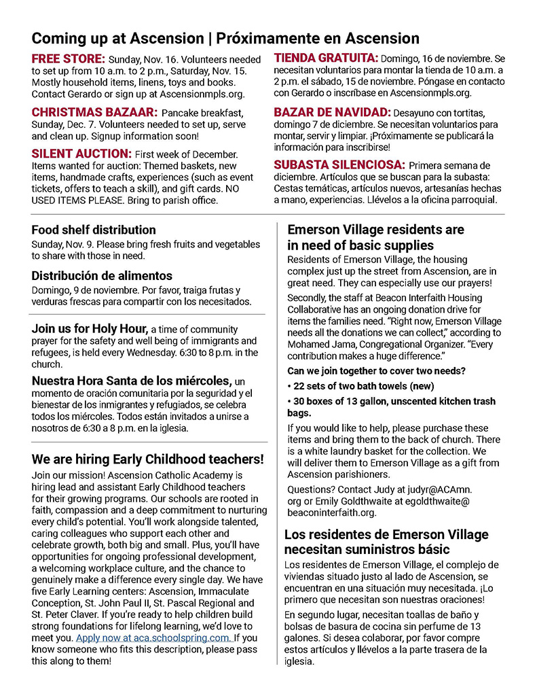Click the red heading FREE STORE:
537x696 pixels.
point(68,59)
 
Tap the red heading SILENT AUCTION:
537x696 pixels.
point(81,154)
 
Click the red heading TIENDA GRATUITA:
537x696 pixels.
point(325,59)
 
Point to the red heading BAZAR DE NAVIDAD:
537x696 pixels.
point(332,112)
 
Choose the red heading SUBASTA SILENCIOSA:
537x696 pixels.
point(339,165)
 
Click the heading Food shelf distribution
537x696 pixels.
point(94,230)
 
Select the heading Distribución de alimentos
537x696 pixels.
point(102,276)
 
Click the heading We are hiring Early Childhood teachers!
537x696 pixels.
point(147,458)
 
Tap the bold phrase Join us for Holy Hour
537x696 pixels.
point(90,329)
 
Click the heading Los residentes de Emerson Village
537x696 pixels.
point(386,534)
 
